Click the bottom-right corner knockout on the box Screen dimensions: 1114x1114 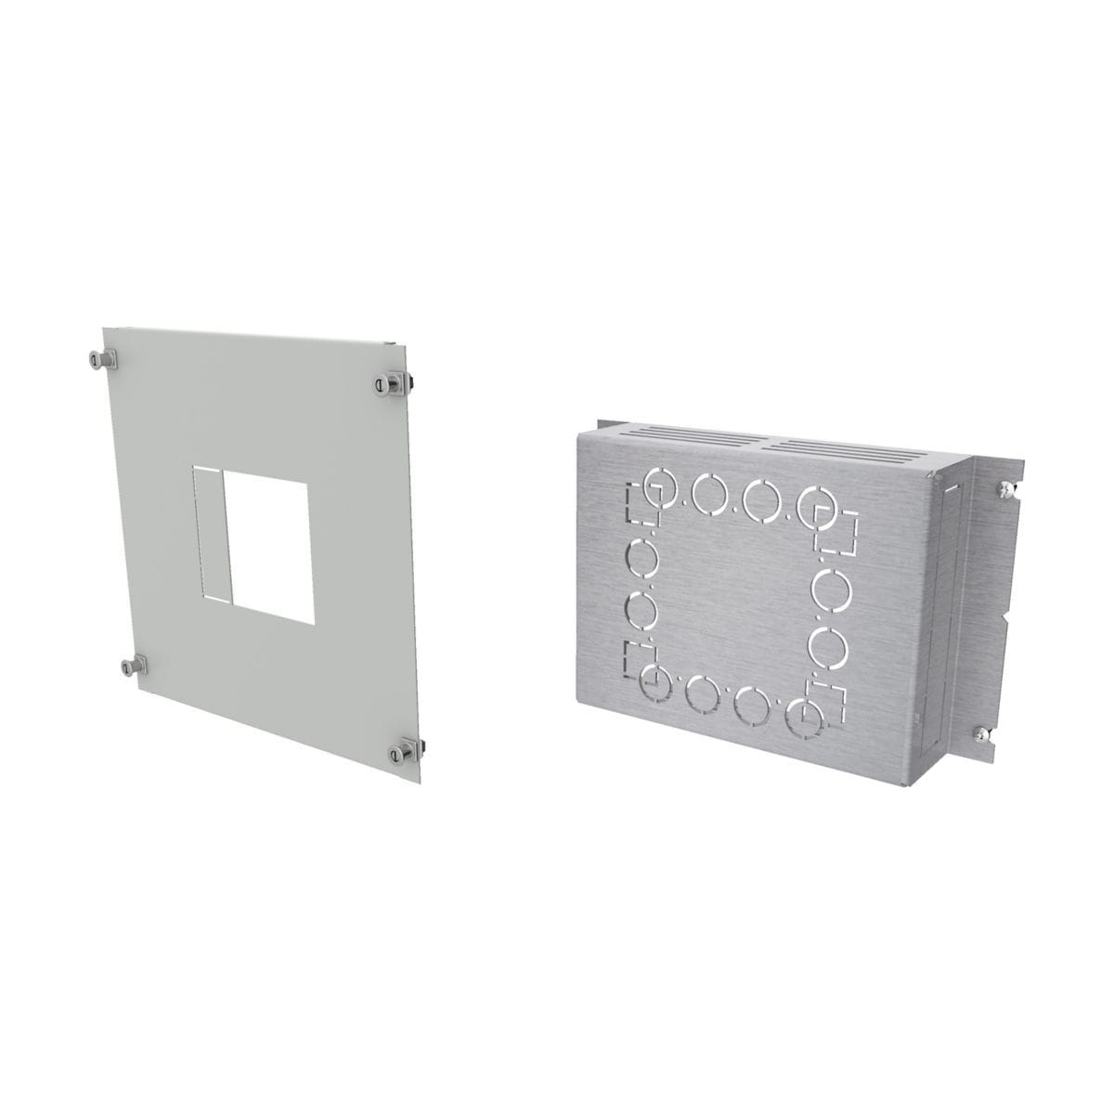point(798,715)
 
